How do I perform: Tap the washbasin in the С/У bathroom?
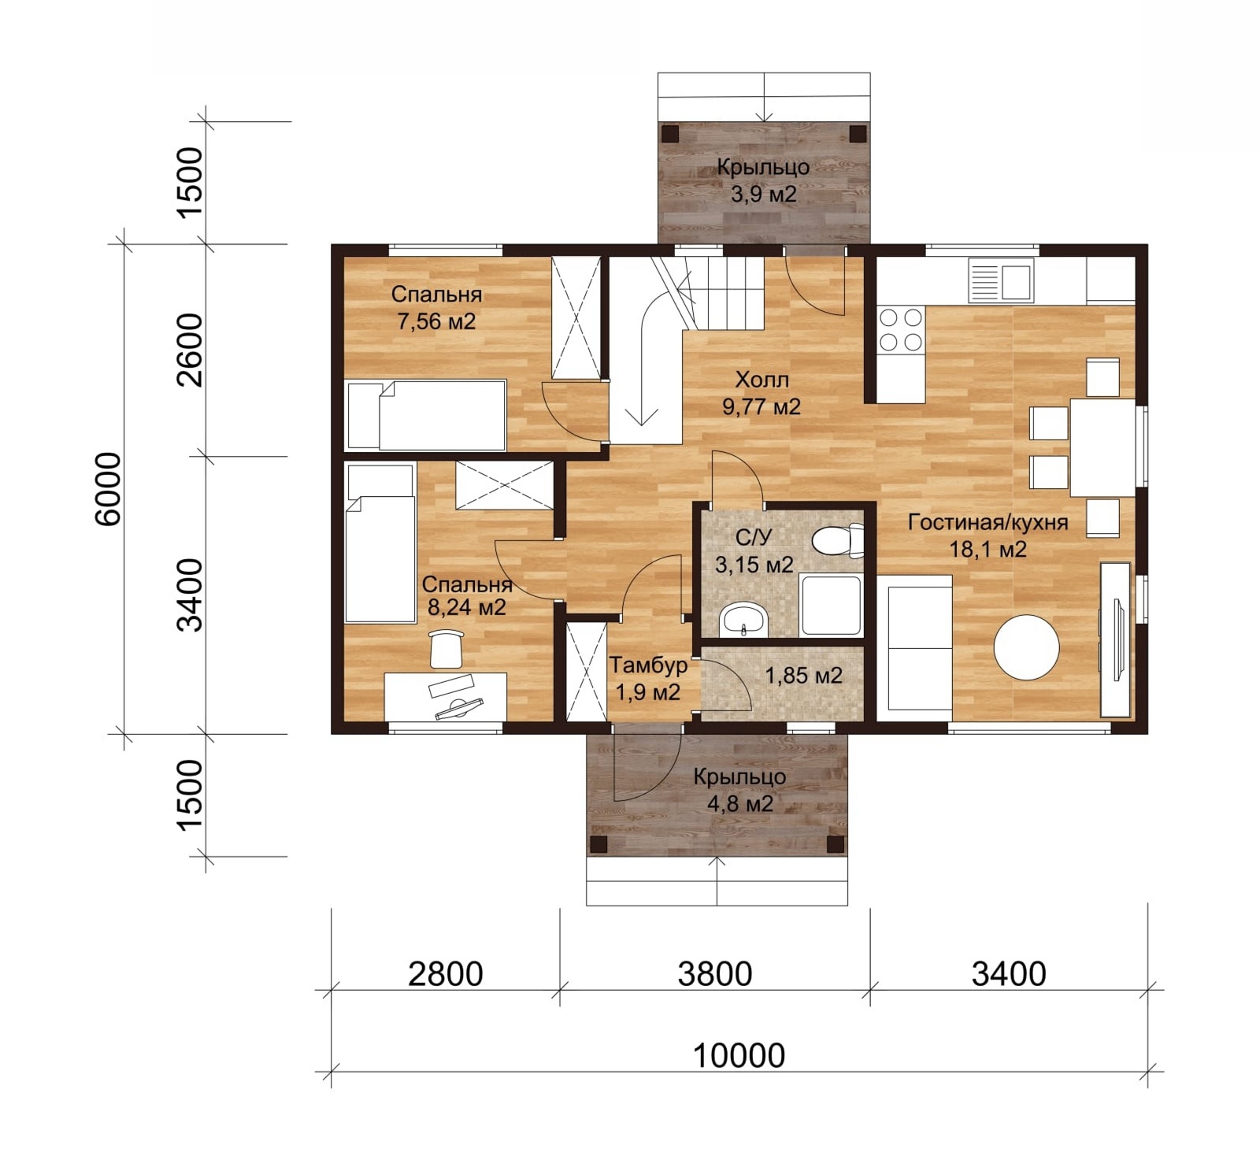tap(743, 619)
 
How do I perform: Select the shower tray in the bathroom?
tap(831, 606)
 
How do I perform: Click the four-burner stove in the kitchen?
tap(901, 329)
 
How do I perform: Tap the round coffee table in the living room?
tap(1026, 647)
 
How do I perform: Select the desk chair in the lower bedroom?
tap(447, 648)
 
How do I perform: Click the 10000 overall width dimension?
tap(739, 1055)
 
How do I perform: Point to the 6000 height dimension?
tap(109, 488)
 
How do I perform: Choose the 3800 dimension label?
tap(715, 974)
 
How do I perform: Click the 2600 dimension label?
tap(190, 350)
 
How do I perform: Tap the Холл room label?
tap(762, 380)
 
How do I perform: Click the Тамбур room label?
tap(648, 665)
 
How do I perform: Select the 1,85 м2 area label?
tap(803, 676)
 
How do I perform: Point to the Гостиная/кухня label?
tap(988, 523)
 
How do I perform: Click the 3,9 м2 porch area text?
tap(763, 194)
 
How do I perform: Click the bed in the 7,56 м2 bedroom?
tap(426, 415)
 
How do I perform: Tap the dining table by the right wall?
tap(1102, 448)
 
